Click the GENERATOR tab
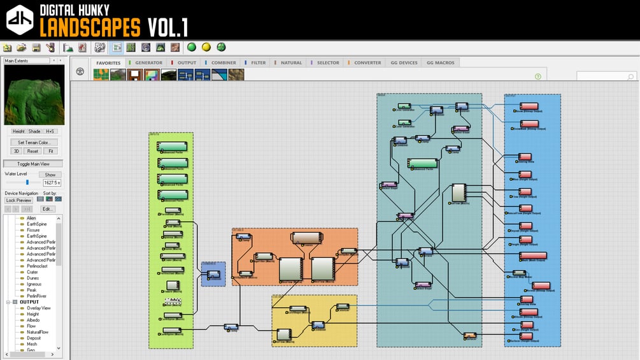point(148,63)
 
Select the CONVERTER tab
point(367,63)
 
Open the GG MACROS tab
point(441,63)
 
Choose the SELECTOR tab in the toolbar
point(328,63)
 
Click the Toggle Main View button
point(33,164)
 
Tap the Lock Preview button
point(19,200)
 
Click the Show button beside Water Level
point(50,175)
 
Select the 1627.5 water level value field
point(52,183)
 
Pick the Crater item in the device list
point(32,272)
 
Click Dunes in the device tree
point(32,278)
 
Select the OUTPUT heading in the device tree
point(29,302)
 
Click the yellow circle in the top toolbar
point(206,47)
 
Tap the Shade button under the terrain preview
point(34,131)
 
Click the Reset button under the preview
point(33,151)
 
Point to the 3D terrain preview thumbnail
point(34,95)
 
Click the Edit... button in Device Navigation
point(48,209)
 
